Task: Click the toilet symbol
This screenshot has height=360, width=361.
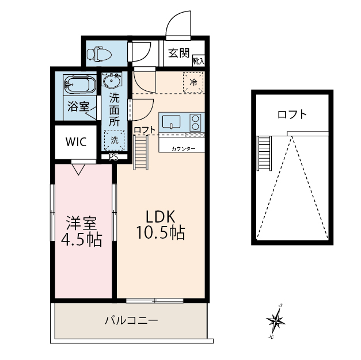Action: (99, 54)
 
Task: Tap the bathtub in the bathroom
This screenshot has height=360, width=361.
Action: (79, 84)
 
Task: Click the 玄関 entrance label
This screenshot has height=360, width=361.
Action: (178, 53)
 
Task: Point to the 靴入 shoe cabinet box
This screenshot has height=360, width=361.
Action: (199, 61)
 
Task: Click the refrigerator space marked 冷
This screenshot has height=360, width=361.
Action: (193, 82)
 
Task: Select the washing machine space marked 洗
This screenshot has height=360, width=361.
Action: (115, 140)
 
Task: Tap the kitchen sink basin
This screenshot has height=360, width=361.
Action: (172, 122)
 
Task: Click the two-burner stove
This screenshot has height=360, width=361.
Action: (195, 122)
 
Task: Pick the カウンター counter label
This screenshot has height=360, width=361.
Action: (183, 149)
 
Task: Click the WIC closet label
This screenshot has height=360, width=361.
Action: (76, 141)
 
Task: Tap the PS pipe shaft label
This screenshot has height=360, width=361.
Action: (113, 157)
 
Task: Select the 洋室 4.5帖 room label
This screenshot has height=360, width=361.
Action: (81, 231)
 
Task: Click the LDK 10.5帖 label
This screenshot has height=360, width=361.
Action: (161, 224)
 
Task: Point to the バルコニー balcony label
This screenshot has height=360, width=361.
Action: (131, 320)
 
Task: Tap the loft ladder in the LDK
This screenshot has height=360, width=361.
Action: (141, 152)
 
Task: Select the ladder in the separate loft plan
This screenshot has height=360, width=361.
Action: (264, 153)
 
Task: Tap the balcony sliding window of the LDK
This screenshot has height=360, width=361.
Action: (155, 300)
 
